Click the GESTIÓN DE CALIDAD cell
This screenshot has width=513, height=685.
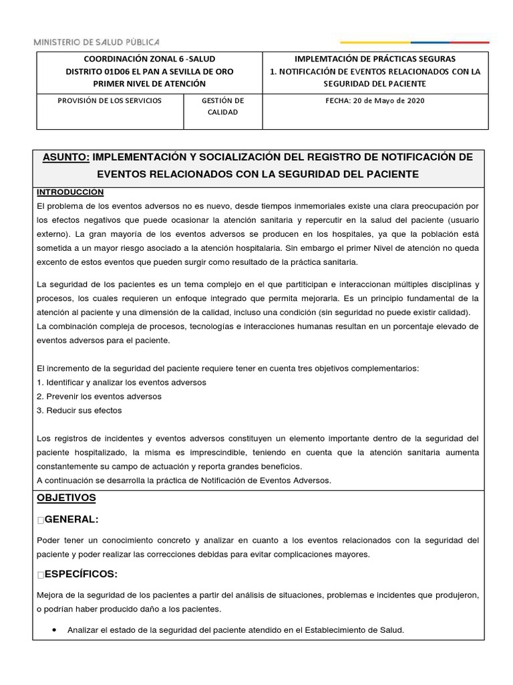(222, 106)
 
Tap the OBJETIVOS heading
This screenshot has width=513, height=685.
(66, 498)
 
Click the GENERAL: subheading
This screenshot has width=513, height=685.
(71, 520)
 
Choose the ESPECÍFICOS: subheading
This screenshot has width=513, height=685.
(81, 574)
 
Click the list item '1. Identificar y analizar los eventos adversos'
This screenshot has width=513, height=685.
(122, 382)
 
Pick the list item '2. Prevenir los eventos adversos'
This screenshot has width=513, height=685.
(100, 396)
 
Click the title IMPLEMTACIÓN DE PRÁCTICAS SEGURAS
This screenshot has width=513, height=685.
(374, 60)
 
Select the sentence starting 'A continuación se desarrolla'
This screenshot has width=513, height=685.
(184, 480)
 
